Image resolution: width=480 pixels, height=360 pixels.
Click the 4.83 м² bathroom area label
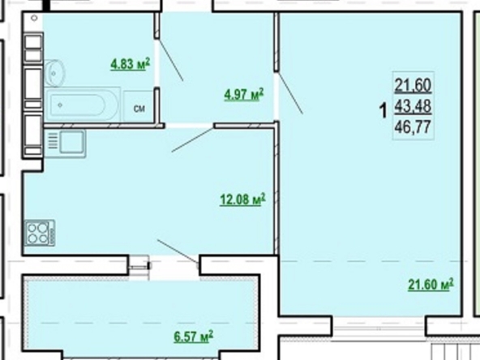click(130, 64)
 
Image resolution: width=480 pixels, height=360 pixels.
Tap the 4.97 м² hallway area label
click(244, 95)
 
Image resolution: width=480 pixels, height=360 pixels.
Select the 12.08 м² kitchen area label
click(242, 199)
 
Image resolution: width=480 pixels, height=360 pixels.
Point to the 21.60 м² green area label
click(431, 285)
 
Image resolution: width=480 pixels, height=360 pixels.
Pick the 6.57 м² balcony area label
click(194, 336)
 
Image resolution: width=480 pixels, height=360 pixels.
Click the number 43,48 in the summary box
click(413, 106)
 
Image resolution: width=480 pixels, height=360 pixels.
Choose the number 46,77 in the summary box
click(413, 126)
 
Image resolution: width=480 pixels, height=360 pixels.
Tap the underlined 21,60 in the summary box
click(413, 85)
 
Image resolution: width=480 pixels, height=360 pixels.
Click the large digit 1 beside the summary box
click(383, 111)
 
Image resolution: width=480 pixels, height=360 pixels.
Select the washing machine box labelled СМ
click(139, 106)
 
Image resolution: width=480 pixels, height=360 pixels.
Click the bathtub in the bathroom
click(82, 105)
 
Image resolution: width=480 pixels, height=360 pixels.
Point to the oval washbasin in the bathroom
click(55, 73)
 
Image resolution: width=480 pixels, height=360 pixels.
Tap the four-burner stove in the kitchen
click(40, 233)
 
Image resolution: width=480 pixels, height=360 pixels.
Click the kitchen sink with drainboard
click(65, 144)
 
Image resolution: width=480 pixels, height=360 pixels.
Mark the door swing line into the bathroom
click(171, 60)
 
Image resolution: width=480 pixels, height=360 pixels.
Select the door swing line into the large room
click(290, 92)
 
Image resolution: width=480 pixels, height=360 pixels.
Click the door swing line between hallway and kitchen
click(192, 140)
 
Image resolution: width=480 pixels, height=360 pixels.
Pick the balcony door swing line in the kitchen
click(178, 251)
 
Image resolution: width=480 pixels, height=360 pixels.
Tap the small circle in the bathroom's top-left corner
click(34, 18)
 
